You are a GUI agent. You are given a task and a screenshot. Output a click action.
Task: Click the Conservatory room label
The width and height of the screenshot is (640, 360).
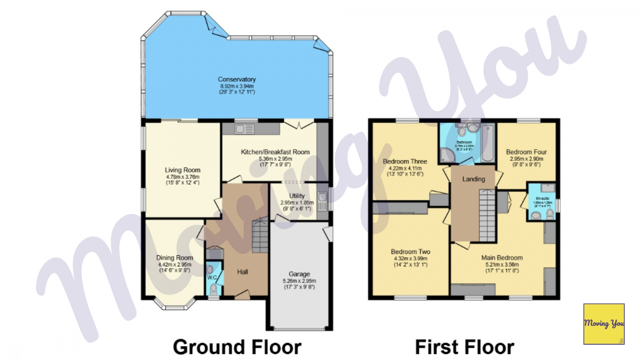coord(237,79)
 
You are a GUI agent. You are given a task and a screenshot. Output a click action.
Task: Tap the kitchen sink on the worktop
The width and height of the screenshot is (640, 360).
coord(244,129)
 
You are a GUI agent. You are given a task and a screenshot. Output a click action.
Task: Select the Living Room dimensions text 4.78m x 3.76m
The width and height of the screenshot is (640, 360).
coord(182,177)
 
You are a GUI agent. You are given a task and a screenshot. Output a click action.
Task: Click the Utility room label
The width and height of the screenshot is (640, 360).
coord(297,196)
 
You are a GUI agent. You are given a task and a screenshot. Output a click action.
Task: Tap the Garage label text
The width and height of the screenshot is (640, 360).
coord(299,274)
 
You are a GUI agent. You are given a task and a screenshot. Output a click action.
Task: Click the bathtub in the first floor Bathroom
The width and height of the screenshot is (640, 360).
coord(488,143)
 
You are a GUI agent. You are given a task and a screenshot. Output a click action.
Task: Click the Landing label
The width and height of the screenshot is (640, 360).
coord(474,179)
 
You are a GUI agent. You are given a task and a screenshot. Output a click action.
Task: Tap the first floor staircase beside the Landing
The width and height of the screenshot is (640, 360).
coord(487,216)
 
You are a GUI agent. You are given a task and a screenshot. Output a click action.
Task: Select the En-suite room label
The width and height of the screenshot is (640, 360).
coord(542,198)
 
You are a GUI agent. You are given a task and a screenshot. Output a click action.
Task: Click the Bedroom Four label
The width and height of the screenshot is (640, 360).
coord(526,152)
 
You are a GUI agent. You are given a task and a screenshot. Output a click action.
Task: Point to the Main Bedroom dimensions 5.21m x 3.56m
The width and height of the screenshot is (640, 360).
coord(502,264)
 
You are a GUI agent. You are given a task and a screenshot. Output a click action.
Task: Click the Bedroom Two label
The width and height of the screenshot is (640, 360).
coord(410,252)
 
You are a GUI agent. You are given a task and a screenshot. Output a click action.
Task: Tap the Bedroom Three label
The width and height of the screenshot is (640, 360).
coord(405,161)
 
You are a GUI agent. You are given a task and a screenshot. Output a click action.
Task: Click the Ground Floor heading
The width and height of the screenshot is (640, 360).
coord(237,347)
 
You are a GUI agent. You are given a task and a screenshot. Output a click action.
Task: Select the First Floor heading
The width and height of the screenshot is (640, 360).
coord(464,347)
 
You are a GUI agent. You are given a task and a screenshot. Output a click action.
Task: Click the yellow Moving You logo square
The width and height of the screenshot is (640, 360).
coord(604,324)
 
